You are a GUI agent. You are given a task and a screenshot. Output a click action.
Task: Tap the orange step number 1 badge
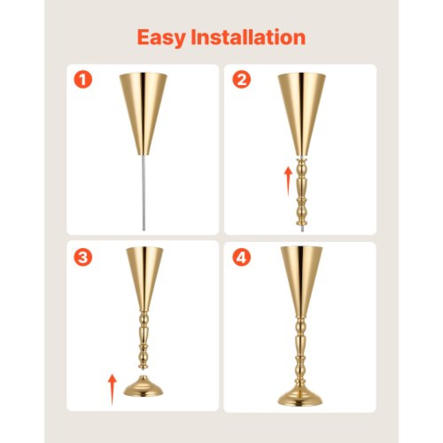click(x=83, y=79)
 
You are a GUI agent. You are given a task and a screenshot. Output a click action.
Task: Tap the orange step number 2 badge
click(x=241, y=79)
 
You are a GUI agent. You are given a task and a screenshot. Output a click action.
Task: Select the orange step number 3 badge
click(x=83, y=257)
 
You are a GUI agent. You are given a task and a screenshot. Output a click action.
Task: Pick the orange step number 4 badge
click(x=241, y=257)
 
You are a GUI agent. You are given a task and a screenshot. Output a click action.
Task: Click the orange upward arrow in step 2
click(x=288, y=181)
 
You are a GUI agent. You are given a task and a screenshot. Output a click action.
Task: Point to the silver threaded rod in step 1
click(x=144, y=192)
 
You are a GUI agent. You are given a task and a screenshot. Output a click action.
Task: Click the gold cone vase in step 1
click(x=143, y=114)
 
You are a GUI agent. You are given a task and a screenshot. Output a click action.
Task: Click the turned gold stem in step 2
click(x=302, y=192)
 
